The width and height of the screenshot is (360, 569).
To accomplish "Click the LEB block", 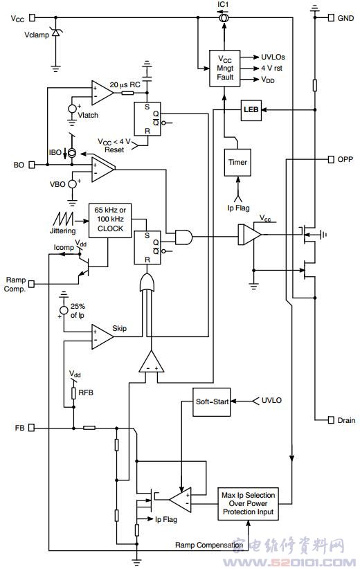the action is coord(251,110).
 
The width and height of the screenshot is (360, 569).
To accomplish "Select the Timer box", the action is coord(237,163).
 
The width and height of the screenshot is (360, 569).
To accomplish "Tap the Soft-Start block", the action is coord(212,402).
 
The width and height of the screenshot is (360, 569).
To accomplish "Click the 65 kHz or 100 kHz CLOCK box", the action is coord(110,221).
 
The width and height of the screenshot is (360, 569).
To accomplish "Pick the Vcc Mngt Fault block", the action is coord(225,69).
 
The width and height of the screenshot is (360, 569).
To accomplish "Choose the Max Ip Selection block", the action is coord(249,504).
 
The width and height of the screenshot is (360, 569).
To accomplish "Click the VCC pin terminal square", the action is coord(33,17).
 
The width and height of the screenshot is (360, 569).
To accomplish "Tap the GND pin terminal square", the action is coord(331,17).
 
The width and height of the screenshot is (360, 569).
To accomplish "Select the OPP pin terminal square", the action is coord(331,159).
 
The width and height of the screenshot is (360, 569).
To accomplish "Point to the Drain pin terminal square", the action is coord(331,420).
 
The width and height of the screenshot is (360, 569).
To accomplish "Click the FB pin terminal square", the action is coord(32,428).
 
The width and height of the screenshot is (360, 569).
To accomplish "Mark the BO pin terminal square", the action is coord(32,165).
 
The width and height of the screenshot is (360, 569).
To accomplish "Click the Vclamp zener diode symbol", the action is coord(55,33).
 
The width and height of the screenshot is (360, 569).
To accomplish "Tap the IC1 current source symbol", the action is coord(224,17).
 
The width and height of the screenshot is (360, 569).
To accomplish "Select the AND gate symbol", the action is coord(183,237).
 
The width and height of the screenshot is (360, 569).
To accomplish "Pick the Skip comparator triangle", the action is coord(102,336).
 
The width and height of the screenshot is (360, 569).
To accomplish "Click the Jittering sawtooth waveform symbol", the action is coord(63,219).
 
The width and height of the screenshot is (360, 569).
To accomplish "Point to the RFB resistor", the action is coord(73,392).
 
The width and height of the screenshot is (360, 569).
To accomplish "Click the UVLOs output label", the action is coord(273,57).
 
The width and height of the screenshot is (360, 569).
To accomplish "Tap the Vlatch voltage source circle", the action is coord(73,109).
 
